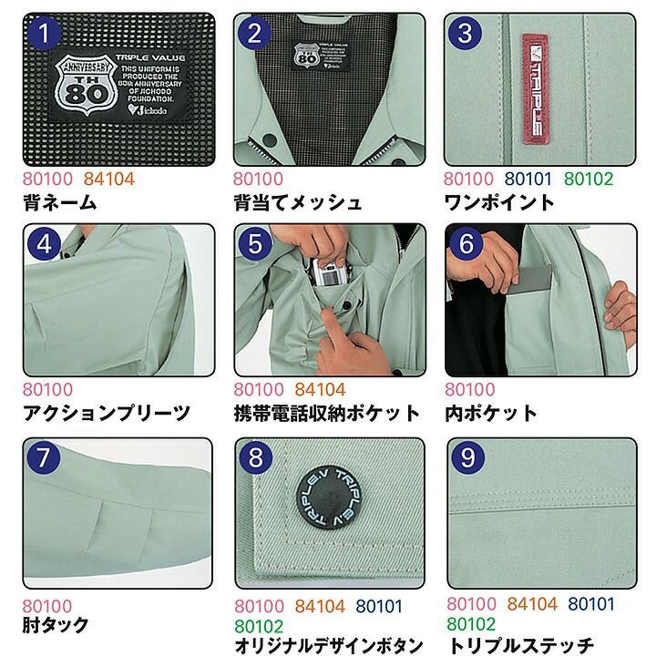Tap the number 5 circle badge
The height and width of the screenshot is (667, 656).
pyautogui.click(x=255, y=244)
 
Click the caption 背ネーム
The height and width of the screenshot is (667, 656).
pyautogui.click(x=59, y=202)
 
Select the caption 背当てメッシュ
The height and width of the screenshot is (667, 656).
pyautogui.click(x=297, y=202)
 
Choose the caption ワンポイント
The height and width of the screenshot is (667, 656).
pyautogui.click(x=498, y=202)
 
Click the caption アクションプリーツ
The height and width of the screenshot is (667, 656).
pyautogui.click(x=107, y=414)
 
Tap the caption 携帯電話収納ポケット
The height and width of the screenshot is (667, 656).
pyautogui.click(x=327, y=414)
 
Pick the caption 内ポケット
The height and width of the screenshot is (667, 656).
pyautogui.click(x=491, y=414)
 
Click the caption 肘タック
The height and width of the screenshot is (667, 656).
pyautogui.click(x=56, y=625)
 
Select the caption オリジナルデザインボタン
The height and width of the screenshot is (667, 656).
pyautogui.click(x=329, y=647)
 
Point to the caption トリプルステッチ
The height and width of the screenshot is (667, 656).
pyautogui.click(x=520, y=646)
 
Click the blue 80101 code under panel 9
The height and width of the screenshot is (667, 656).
pyautogui.click(x=591, y=604)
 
